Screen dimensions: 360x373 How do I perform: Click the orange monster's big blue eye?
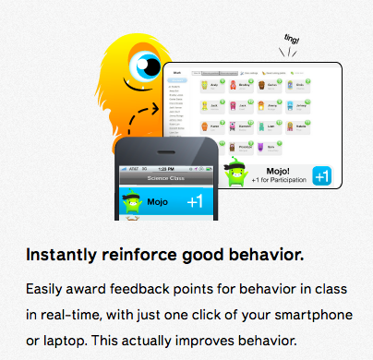click(144, 66)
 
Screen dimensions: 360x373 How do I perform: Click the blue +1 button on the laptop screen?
click(322, 175)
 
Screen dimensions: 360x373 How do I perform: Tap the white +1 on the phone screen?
click(195, 201)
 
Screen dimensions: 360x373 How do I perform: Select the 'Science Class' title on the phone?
click(168, 177)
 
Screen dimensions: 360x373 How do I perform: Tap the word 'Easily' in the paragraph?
click(46, 289)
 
